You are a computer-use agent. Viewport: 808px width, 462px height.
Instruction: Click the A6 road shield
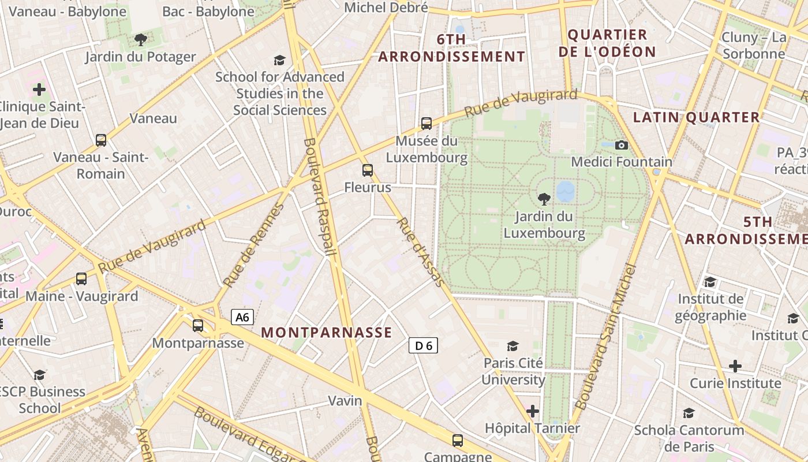click(x=242, y=317)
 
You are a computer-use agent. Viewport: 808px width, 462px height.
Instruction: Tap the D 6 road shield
click(x=424, y=345)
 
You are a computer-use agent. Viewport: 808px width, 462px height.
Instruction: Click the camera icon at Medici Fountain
click(x=622, y=145)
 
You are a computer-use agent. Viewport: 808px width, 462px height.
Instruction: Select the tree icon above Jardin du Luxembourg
click(x=544, y=200)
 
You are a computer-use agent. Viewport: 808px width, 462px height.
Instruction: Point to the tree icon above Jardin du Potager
click(x=140, y=40)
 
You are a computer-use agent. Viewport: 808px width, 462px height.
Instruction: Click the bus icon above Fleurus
click(x=368, y=170)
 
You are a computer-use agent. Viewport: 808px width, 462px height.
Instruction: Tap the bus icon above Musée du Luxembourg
click(x=427, y=123)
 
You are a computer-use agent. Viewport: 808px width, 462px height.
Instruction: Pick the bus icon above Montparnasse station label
click(x=198, y=326)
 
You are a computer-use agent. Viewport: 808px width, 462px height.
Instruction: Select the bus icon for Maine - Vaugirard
click(x=81, y=279)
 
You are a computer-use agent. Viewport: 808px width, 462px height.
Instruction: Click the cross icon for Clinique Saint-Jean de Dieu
click(x=39, y=90)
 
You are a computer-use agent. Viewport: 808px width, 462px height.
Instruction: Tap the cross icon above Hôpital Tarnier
click(x=533, y=411)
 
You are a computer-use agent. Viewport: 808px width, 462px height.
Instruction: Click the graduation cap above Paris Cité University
click(x=513, y=346)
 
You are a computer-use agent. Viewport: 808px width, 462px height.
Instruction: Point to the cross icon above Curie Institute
click(x=735, y=366)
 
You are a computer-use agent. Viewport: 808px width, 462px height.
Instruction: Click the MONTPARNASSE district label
click(x=327, y=333)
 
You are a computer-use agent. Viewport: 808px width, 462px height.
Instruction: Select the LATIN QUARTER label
click(x=697, y=117)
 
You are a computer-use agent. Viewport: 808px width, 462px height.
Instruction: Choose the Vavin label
click(x=345, y=400)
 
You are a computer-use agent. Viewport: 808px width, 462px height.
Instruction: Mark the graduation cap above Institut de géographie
click(x=710, y=282)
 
